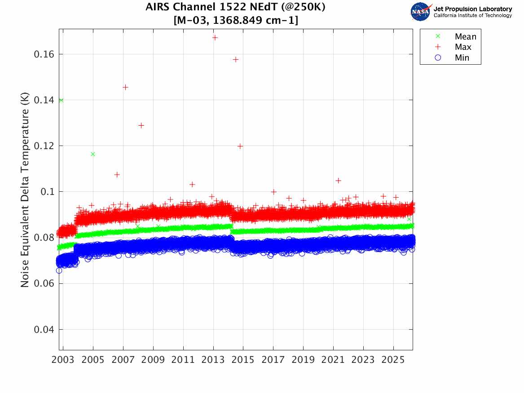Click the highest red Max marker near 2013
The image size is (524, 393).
[215, 38]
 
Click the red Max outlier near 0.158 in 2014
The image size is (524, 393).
[235, 59]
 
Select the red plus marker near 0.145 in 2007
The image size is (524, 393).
[125, 87]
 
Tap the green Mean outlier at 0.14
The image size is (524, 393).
[61, 100]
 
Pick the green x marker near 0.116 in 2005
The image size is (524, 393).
[93, 154]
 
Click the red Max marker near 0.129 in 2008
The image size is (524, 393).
[141, 125]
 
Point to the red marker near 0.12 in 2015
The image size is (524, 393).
[240, 146]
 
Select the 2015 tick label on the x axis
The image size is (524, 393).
[243, 361]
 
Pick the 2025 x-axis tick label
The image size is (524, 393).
[393, 361]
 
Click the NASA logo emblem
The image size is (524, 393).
[421, 12]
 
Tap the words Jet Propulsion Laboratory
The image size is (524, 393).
[472, 9]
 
